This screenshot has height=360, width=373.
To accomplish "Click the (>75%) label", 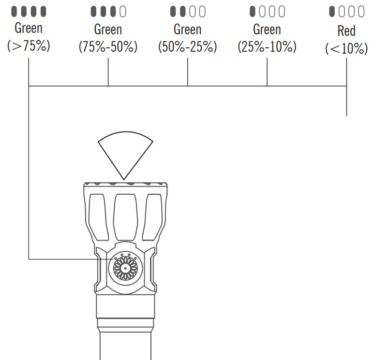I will point(29,47).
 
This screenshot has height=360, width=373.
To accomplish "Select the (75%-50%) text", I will point(108,47).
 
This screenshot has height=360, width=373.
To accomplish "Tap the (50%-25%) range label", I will point(187,47).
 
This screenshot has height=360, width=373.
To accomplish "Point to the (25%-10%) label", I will point(267,47).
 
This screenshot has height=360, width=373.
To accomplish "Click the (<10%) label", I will point(346,49).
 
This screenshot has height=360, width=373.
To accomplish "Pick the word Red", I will point(346,31).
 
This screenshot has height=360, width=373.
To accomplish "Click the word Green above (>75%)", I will point(29,28).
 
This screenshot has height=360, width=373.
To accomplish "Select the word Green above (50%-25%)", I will point(187,29).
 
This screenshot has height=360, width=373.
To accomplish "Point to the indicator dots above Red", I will point(346,11).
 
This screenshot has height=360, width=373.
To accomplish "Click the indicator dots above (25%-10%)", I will point(267,11).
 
